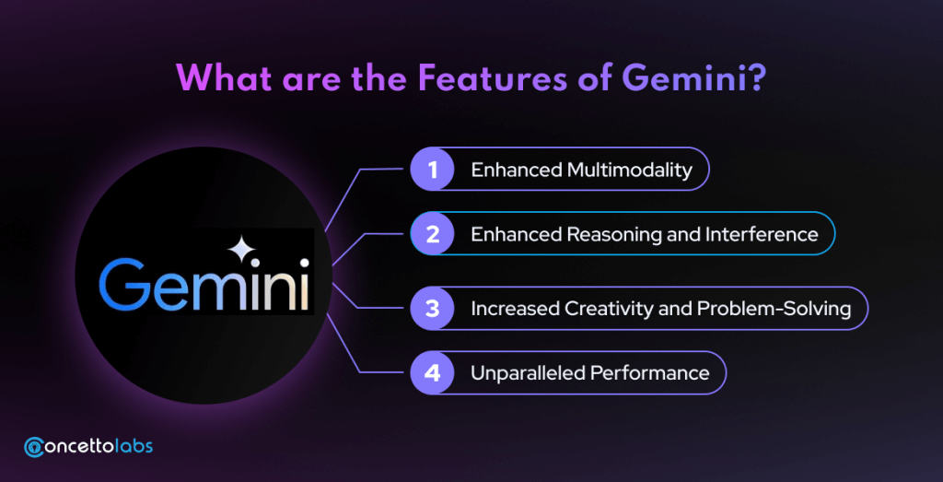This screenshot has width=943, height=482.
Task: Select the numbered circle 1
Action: click(x=433, y=170)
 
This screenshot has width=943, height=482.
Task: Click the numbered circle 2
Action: click(x=433, y=233)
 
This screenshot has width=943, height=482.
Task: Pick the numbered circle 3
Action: click(x=433, y=308)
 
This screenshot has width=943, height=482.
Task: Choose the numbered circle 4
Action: click(x=433, y=372)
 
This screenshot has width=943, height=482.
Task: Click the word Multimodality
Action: click(x=630, y=170)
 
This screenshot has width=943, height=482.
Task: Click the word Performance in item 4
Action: click(x=650, y=373)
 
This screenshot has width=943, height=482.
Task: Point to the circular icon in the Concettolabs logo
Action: click(x=34, y=446)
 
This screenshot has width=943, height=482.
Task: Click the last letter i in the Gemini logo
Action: click(x=304, y=284)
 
